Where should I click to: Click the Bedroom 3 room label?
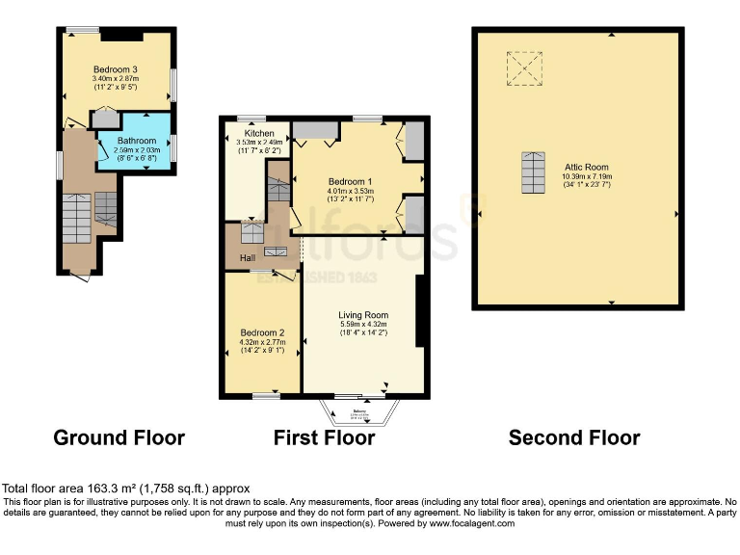tap(115, 68)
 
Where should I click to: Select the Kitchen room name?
tap(258, 133)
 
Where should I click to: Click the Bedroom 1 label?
tap(350, 181)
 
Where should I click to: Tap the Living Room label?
tap(362, 315)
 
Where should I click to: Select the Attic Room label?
tap(587, 167)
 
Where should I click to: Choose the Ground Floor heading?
tap(119, 438)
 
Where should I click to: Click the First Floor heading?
tap(324, 438)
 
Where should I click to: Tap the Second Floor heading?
tap(574, 438)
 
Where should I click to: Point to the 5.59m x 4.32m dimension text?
tap(362, 325)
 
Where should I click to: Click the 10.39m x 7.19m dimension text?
tap(587, 176)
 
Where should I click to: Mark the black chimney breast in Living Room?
tap(420, 311)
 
